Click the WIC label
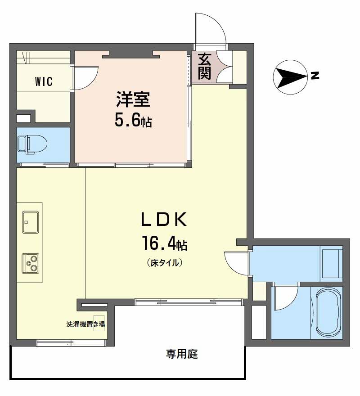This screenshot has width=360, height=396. click(44, 82)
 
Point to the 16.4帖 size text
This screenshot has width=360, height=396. click(165, 244)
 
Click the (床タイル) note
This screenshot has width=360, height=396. click(164, 263)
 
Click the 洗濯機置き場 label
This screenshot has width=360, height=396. click(85, 324)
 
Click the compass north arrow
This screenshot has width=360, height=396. click(290, 77)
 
